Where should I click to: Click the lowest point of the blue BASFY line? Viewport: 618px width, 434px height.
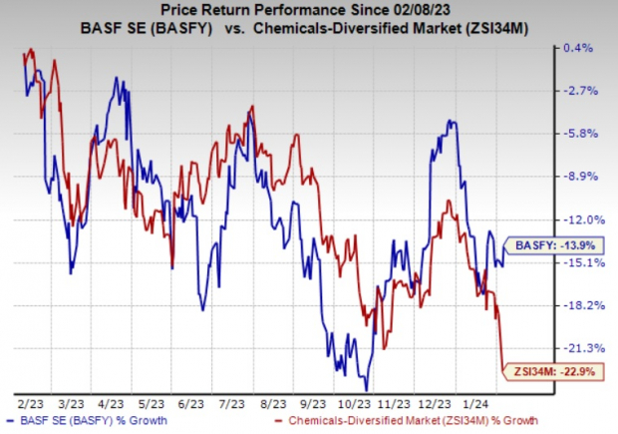(x=367, y=389)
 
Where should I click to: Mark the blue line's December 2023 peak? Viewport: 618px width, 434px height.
(x=454, y=121)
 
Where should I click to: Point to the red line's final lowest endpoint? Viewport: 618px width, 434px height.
(x=501, y=370)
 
